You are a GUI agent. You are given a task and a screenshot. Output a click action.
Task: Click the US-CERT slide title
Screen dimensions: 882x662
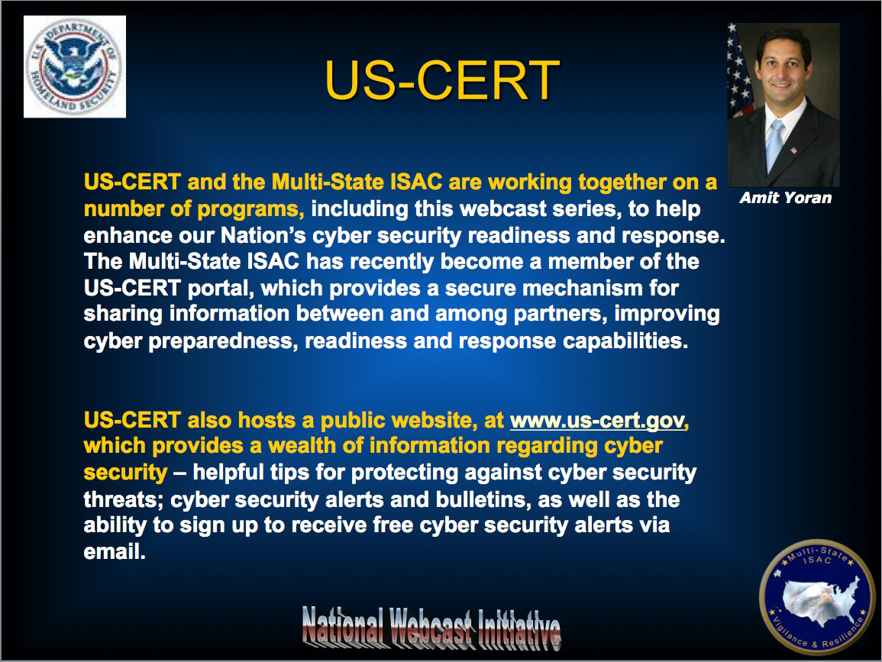pyautogui.click(x=442, y=80)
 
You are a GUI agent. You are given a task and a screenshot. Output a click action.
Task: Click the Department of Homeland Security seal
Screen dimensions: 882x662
pyautogui.click(x=74, y=66)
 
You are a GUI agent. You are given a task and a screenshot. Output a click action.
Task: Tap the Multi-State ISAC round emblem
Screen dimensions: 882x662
pyautogui.click(x=817, y=597)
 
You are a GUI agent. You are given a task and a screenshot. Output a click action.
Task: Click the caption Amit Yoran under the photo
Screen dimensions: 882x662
pyautogui.click(x=785, y=198)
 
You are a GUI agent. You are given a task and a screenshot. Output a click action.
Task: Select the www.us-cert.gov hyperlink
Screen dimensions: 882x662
pyautogui.click(x=597, y=420)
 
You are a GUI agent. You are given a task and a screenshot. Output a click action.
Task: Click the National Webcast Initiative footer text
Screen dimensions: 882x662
pyautogui.click(x=431, y=627)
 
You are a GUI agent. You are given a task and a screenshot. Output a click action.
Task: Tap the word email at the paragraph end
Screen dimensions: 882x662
pyautogui.click(x=115, y=552)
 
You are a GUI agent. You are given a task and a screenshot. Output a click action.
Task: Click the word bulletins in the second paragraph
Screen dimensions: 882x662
pyautogui.click(x=480, y=499)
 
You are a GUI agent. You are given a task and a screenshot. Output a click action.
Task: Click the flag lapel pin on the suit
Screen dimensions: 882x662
pyautogui.click(x=793, y=150)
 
